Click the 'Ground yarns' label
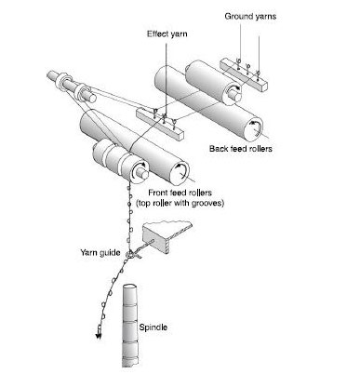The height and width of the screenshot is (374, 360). point(250,16)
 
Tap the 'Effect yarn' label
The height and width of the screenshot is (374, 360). point(167,33)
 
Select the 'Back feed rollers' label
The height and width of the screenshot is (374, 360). point(241,149)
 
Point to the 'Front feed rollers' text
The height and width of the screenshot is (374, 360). point(180,193)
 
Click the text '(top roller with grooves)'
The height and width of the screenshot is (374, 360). point(180,204)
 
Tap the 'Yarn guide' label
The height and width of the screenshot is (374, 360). point(100,252)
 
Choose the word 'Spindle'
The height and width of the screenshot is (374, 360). point(153,327)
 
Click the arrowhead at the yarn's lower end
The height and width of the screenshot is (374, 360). point(99,335)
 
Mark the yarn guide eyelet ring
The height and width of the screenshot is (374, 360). point(129,254)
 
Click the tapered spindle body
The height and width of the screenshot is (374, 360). point(130,326)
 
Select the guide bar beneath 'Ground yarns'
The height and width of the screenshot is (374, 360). point(244,74)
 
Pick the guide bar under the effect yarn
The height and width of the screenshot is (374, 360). point(160,124)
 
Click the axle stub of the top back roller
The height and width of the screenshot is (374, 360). point(235,95)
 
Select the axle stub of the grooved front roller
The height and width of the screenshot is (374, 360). point(142,174)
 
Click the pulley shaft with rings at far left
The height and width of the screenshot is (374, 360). point(72,86)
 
